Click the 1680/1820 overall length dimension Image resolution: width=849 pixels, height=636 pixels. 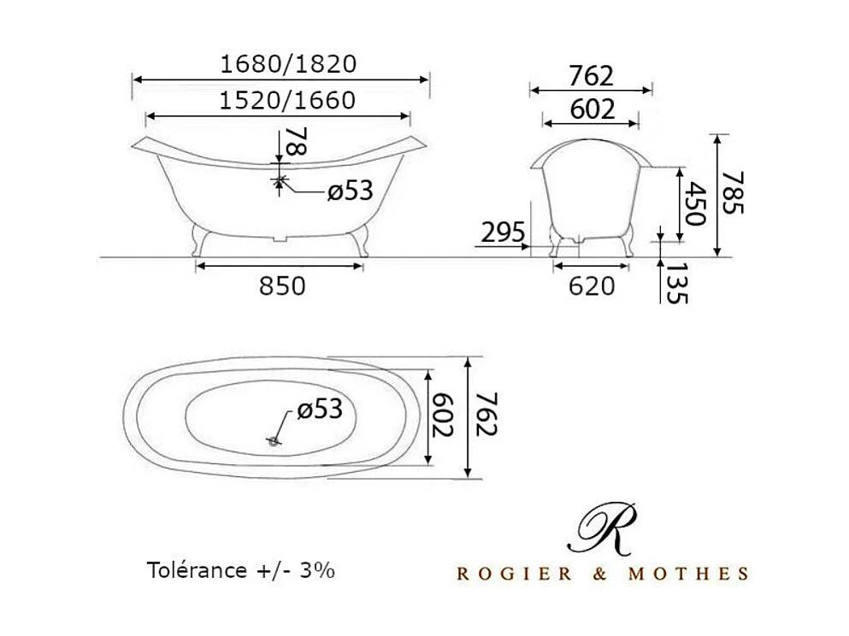coord(287,64)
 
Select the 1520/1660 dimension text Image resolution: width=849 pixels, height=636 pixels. coord(286,101)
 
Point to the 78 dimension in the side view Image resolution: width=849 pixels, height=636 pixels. coord(295,142)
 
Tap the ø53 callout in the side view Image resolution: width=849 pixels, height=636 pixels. coord(351,191)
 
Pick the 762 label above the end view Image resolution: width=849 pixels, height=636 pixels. coord(591,76)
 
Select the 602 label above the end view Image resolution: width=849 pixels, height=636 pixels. coord(591,109)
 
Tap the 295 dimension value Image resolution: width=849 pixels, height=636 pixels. coord(504,233)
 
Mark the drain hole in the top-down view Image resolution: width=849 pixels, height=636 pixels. coord(274,441)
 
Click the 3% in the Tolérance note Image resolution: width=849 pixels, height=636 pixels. coord(317,570)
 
